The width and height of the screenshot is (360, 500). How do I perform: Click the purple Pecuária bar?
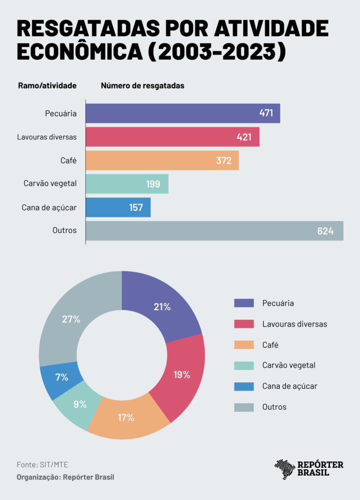pyautogui.click(x=183, y=113)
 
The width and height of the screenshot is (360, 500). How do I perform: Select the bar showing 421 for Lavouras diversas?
pyautogui.click(x=172, y=137)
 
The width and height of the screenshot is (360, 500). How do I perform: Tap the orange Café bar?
pyautogui.click(x=162, y=160)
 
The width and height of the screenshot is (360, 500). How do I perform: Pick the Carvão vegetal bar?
pyautogui.click(x=127, y=184)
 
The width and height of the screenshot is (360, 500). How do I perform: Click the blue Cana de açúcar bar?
pyautogui.click(x=118, y=207)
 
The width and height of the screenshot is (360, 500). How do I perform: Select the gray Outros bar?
pyautogui.click(x=214, y=230)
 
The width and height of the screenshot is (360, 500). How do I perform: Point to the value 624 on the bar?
pyautogui.click(x=325, y=231)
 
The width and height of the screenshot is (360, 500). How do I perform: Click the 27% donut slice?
pyautogui.click(x=71, y=319)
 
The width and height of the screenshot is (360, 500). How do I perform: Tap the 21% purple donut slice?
pyautogui.click(x=162, y=307)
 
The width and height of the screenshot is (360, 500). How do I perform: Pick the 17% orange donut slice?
pyautogui.click(x=126, y=418)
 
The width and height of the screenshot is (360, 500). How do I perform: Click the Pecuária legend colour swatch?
pyautogui.click(x=244, y=303)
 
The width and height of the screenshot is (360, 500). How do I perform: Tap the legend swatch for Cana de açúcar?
pyautogui.click(x=244, y=386)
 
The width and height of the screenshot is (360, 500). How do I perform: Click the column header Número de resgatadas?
pyautogui.click(x=143, y=85)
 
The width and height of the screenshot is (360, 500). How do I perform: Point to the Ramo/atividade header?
pyautogui.click(x=47, y=85)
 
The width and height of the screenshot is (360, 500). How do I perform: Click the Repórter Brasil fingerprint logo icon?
pyautogui.click(x=285, y=469)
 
